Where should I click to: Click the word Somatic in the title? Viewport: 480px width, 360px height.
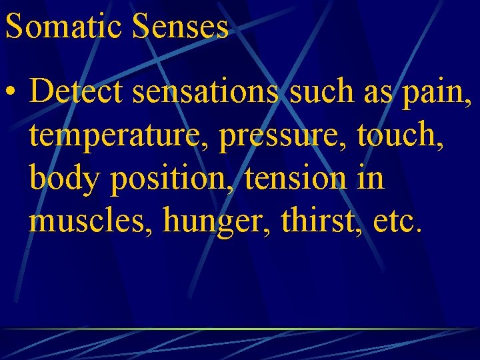65,27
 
